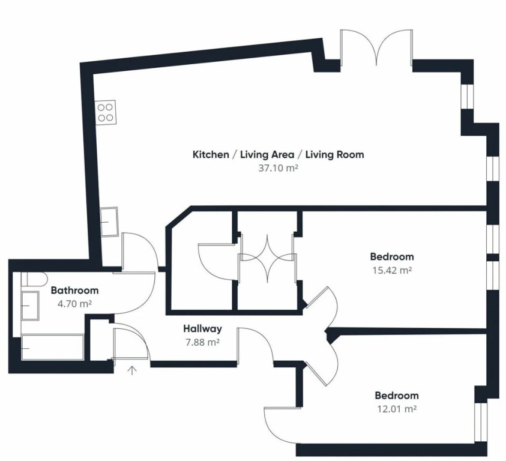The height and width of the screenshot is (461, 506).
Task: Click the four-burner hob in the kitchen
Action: click(x=105, y=112)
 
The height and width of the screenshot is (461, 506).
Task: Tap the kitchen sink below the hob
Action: click(x=109, y=221)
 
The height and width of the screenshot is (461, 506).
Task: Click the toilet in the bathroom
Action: click(x=35, y=279)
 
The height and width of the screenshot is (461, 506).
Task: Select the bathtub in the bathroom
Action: click(x=53, y=348)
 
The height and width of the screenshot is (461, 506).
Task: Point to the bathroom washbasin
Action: click(x=30, y=306)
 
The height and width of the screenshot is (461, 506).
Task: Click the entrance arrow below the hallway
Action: click(x=131, y=370)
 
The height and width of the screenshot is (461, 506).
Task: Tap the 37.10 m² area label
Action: click(x=277, y=168)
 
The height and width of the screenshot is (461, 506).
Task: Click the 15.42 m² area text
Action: click(x=392, y=270)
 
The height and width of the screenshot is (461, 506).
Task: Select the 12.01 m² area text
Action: click(x=397, y=409)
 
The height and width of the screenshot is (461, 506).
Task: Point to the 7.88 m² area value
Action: click(x=202, y=342)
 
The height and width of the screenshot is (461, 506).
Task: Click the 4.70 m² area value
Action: click(x=74, y=304)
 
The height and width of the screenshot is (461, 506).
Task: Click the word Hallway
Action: click(x=203, y=329)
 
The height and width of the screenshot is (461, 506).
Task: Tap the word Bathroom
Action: click(x=74, y=290)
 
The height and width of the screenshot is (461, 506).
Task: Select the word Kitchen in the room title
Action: click(x=211, y=155)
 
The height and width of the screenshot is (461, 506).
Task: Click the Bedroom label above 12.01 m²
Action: click(x=397, y=396)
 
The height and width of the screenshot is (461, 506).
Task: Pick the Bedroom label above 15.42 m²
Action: click(x=392, y=257)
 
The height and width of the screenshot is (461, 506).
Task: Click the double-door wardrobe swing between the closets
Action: click(x=267, y=259)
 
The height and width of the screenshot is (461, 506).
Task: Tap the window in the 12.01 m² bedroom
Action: click(x=480, y=422)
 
